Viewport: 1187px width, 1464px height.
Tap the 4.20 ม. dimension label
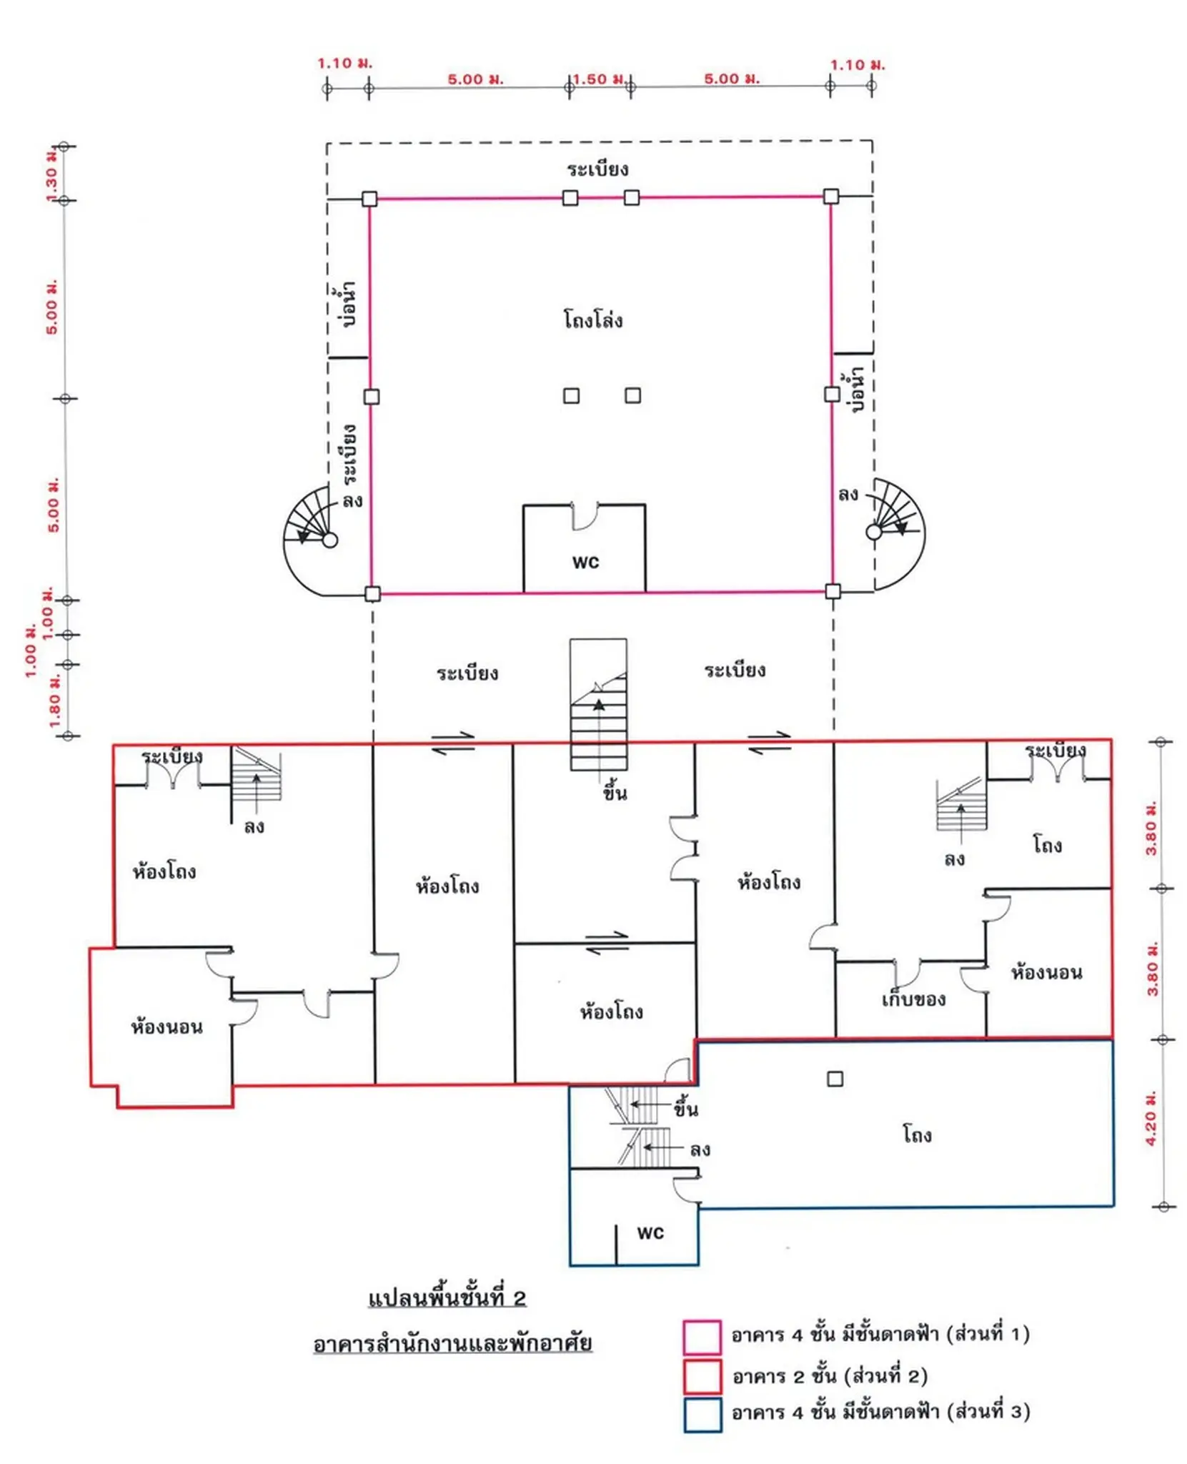click(x=1151, y=1118)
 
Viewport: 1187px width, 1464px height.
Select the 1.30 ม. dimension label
click(x=51, y=175)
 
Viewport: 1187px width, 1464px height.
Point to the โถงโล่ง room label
click(x=592, y=319)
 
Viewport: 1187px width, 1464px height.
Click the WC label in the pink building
click(x=585, y=563)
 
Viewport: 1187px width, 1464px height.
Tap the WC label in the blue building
click(x=650, y=1233)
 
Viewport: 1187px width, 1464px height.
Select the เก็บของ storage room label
click(x=913, y=999)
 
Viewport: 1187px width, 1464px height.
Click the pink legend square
click(x=702, y=1337)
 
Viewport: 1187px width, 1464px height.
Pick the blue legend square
click(x=702, y=1415)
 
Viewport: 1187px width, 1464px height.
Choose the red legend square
click(x=702, y=1377)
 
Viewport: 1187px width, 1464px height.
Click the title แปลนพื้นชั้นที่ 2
click(x=447, y=1297)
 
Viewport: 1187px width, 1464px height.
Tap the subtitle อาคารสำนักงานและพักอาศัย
click(x=452, y=1343)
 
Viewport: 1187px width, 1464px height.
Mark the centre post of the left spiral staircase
click(x=329, y=540)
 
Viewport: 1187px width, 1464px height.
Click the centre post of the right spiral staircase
click(x=873, y=532)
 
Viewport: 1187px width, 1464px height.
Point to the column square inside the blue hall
click(x=835, y=1079)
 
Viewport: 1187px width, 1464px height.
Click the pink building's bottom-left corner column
click(x=372, y=593)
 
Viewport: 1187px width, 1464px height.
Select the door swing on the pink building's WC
click(x=585, y=516)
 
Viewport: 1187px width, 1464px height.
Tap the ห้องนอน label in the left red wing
click(x=167, y=1027)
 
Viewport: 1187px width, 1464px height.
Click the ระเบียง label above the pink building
click(x=597, y=169)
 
